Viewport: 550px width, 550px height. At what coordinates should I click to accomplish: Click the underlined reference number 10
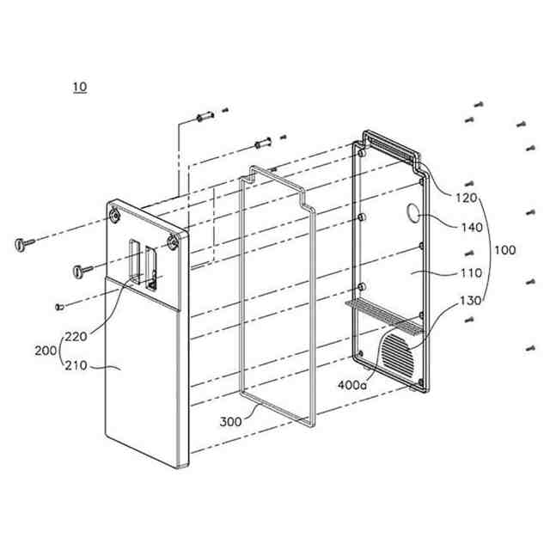[x=80, y=87]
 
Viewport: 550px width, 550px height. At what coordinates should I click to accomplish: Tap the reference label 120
[x=466, y=199]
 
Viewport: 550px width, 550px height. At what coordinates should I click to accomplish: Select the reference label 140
[x=472, y=228]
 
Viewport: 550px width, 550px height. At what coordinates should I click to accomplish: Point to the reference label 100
[x=504, y=250]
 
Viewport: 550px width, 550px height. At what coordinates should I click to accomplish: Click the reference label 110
[x=471, y=273]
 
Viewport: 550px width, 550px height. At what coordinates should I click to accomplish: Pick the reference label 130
[x=470, y=301]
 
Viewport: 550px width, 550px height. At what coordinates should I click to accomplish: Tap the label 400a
[x=352, y=385]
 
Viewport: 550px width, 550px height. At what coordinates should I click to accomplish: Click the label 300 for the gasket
[x=230, y=422]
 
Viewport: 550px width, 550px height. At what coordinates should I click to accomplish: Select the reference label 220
[x=76, y=337]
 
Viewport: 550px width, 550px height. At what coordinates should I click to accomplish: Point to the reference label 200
[x=46, y=351]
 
